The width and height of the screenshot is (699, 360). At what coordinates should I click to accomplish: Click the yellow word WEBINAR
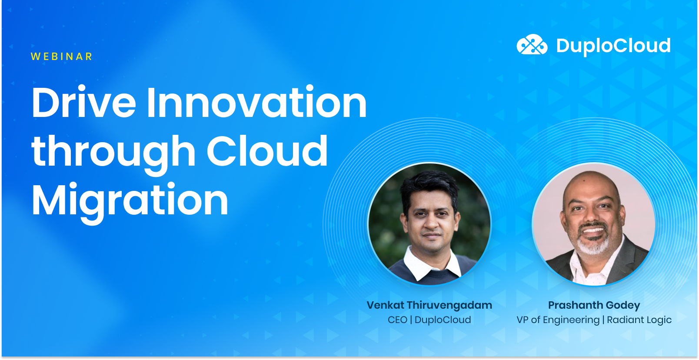pos(62,57)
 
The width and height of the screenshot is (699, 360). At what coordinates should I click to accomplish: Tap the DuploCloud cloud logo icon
pos(532,45)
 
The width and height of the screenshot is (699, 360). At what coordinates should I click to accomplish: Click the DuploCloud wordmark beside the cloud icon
pos(613,46)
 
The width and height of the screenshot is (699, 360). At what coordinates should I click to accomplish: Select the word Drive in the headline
pos(84,103)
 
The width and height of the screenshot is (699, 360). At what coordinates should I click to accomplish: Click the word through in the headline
pos(113,152)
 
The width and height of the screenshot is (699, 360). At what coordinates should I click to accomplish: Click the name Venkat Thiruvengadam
pos(429,305)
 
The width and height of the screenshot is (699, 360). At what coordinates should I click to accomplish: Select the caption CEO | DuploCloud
pos(429,320)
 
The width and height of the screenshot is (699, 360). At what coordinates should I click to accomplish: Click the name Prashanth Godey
pos(594,305)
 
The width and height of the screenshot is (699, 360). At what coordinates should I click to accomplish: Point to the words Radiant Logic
pos(639,320)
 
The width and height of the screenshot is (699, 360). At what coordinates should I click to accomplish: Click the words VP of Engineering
pos(558,320)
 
